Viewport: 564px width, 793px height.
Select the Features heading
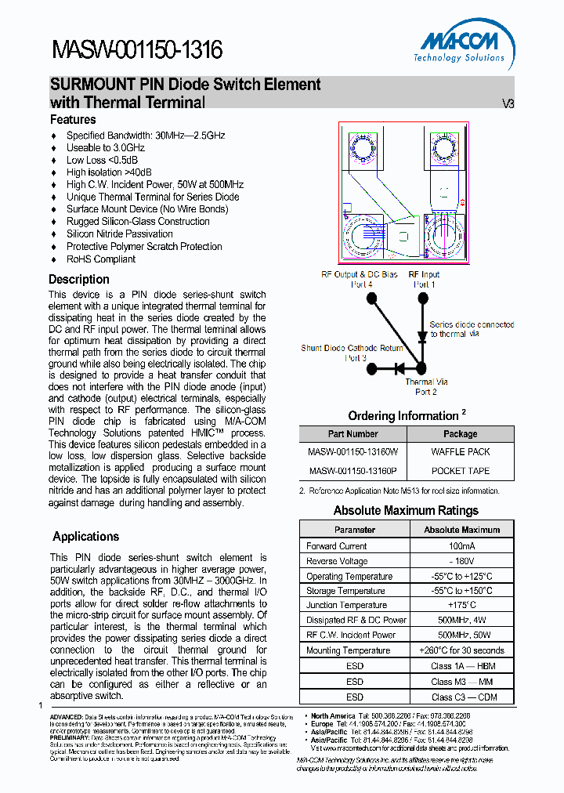click(x=73, y=120)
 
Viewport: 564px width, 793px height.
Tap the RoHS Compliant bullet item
click(x=100, y=259)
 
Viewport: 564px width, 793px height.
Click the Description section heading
click(x=79, y=280)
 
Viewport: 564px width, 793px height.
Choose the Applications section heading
click(x=85, y=537)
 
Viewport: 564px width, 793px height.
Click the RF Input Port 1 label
click(x=424, y=280)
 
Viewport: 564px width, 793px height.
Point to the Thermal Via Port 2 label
click(x=426, y=387)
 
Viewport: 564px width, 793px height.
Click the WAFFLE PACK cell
click(x=460, y=452)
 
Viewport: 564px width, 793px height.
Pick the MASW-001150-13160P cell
click(x=352, y=471)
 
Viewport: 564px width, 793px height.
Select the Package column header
click(x=460, y=434)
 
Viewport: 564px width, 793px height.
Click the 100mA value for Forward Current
click(x=461, y=546)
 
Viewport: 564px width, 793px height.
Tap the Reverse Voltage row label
click(x=337, y=561)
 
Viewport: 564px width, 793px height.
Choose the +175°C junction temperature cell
click(x=461, y=606)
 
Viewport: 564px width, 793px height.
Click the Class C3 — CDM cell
click(x=461, y=697)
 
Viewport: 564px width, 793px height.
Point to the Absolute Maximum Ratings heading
click(x=406, y=511)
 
